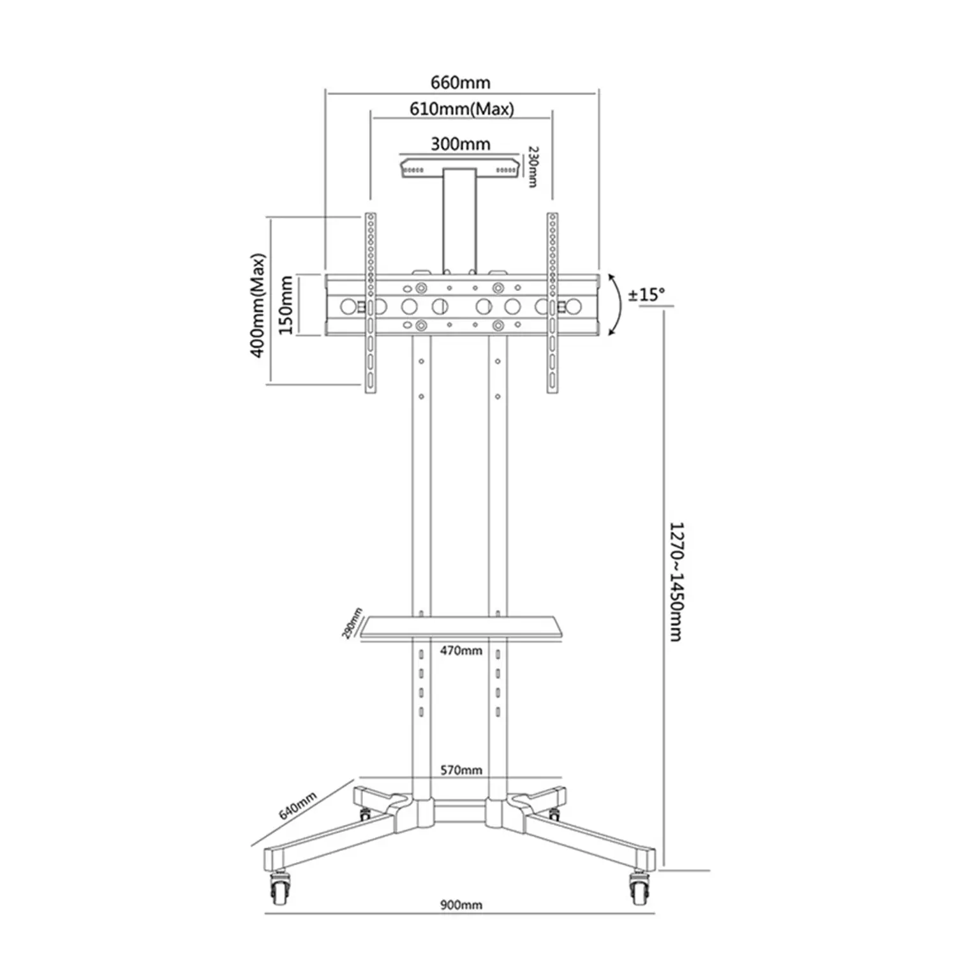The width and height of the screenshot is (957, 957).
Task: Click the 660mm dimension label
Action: coord(461,82)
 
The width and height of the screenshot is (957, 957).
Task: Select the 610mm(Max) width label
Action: coord(461,109)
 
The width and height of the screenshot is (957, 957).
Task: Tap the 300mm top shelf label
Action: coord(460,144)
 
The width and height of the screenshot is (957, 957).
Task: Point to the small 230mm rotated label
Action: coord(533,167)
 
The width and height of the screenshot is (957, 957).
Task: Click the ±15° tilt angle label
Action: coord(646,295)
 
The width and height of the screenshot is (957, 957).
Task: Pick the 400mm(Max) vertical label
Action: coord(258,306)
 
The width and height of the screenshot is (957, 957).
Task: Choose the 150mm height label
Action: coord(286,305)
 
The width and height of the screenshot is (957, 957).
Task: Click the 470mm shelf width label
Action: coord(461,651)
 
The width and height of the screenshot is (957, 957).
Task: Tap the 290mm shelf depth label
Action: coord(352,623)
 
